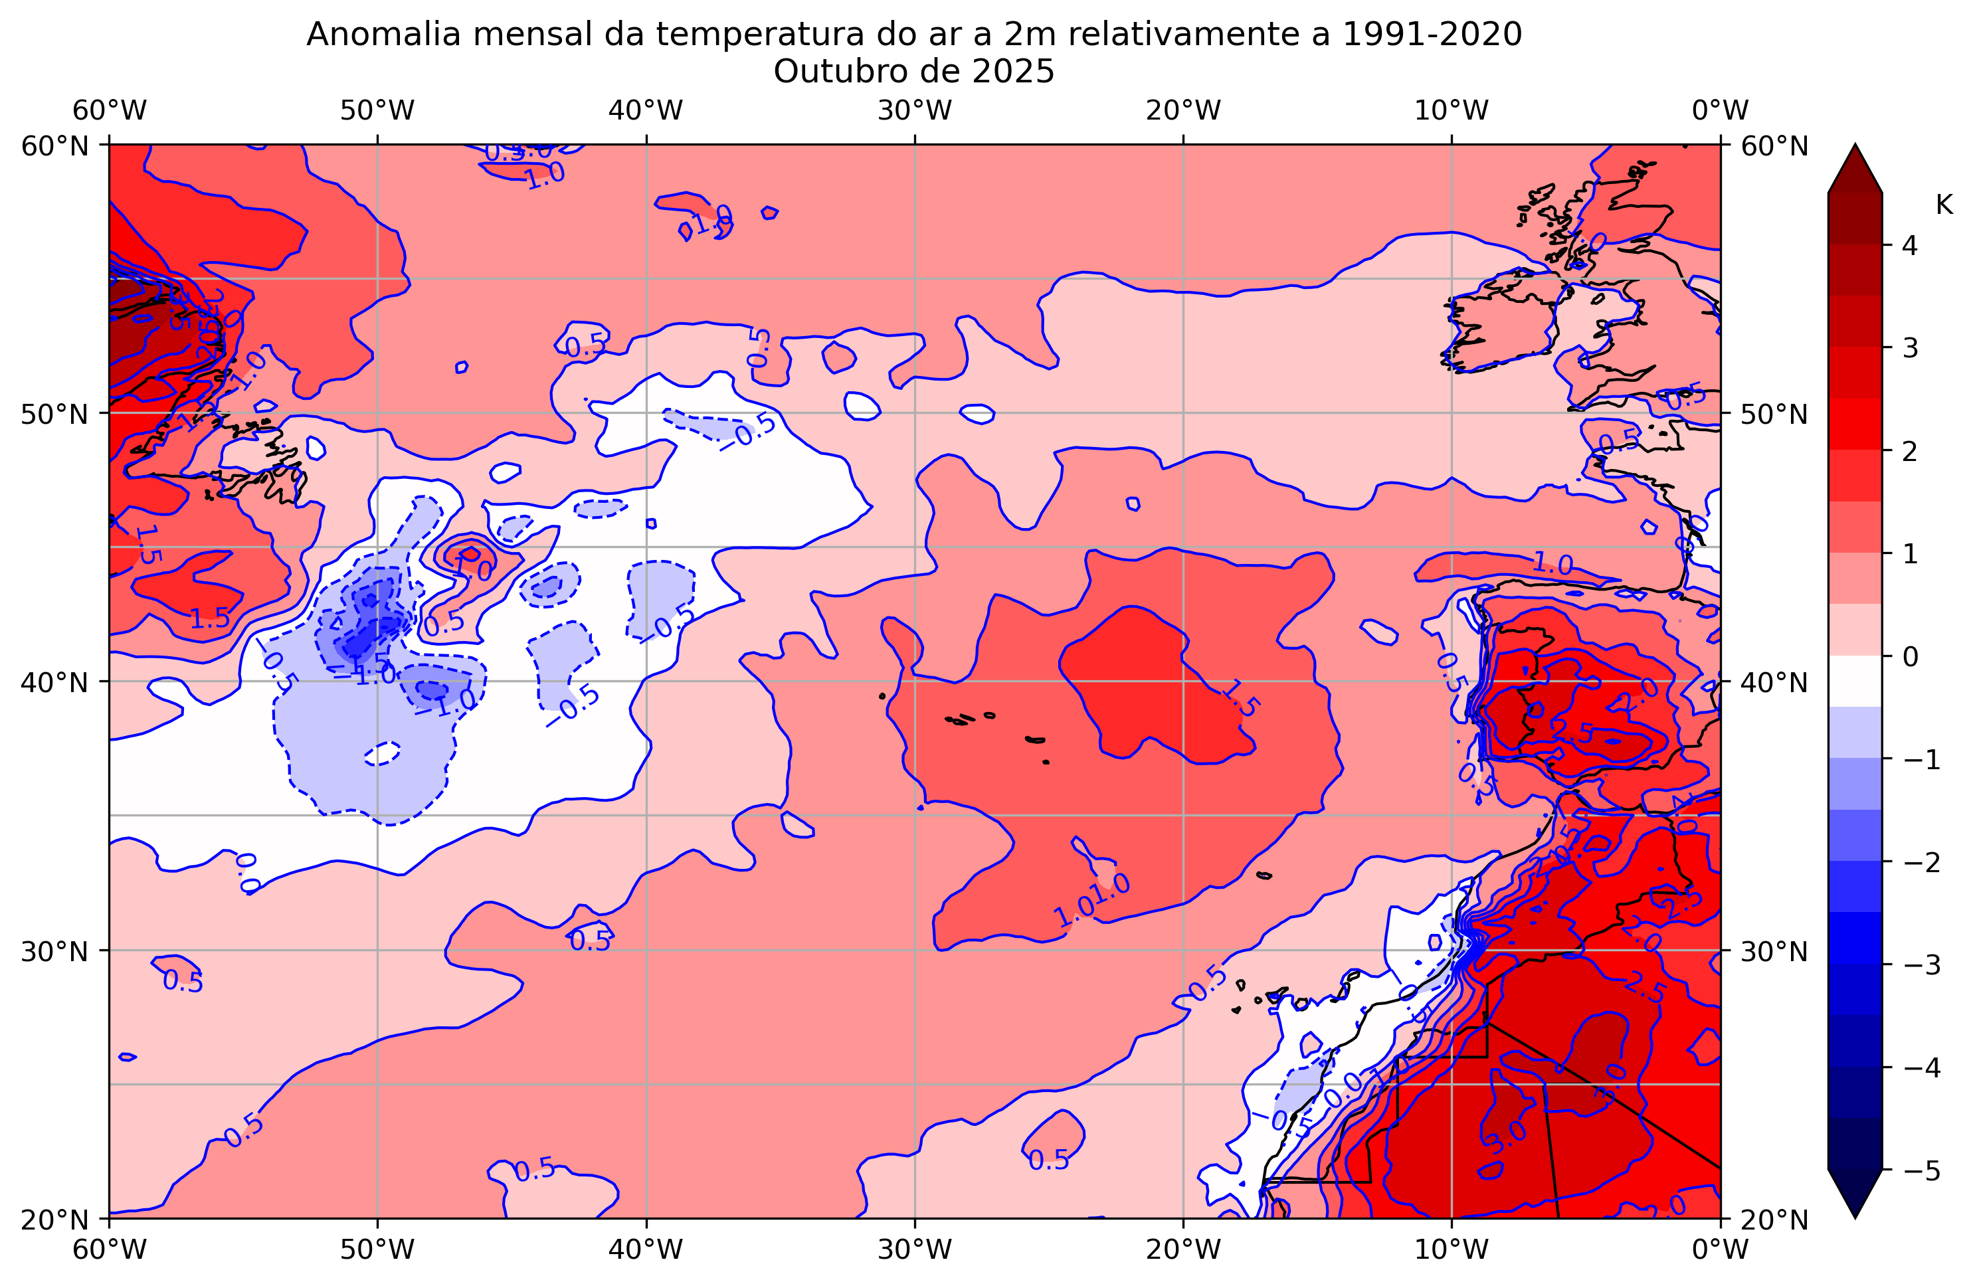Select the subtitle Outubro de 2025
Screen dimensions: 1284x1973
[913, 72]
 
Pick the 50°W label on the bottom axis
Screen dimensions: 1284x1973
[377, 1249]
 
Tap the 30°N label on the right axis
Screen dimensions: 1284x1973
[1774, 951]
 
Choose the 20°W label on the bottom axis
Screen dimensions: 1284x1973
[1183, 1249]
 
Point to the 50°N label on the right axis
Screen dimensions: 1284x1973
[1774, 414]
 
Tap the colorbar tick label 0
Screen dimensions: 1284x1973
[1910, 656]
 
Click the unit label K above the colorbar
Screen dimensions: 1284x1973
[1944, 205]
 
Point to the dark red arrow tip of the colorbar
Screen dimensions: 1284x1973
[1855, 166]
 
